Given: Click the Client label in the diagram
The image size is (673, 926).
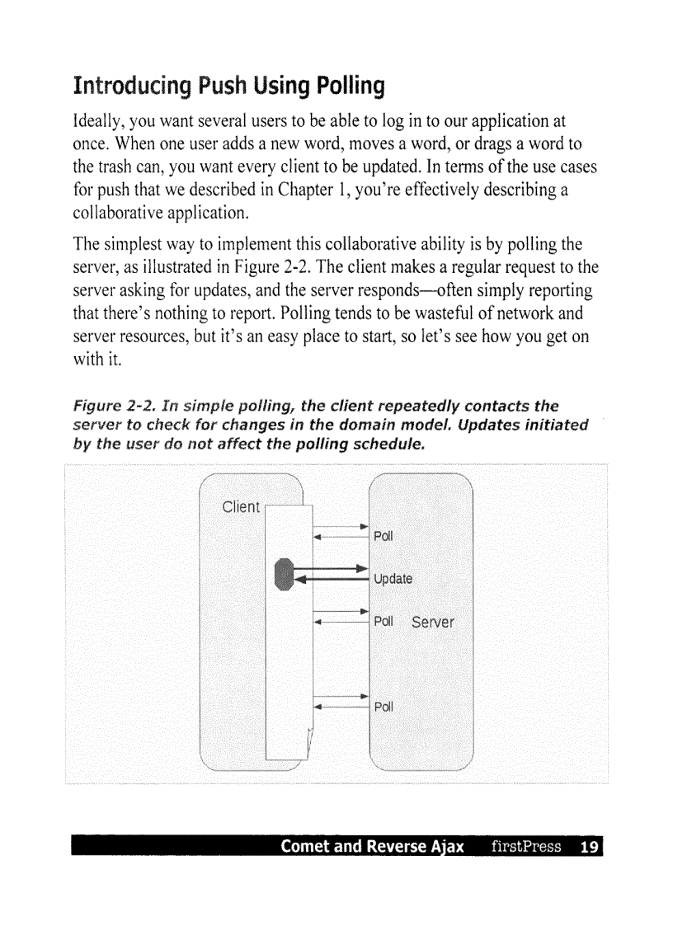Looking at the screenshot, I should click(x=241, y=506).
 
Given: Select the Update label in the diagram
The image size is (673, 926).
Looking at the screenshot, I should click(x=393, y=579).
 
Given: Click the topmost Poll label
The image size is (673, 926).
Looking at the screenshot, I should click(x=384, y=536).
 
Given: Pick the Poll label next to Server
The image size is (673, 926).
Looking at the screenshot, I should click(x=384, y=621).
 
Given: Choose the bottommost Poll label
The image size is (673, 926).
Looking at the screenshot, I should click(x=384, y=707).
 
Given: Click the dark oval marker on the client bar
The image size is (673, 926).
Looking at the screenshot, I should click(x=284, y=574).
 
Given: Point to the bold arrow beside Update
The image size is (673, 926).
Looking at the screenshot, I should click(x=334, y=574).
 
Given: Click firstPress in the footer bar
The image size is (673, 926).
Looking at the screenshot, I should click(x=525, y=847).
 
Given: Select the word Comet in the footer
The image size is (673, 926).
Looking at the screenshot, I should click(x=306, y=847).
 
